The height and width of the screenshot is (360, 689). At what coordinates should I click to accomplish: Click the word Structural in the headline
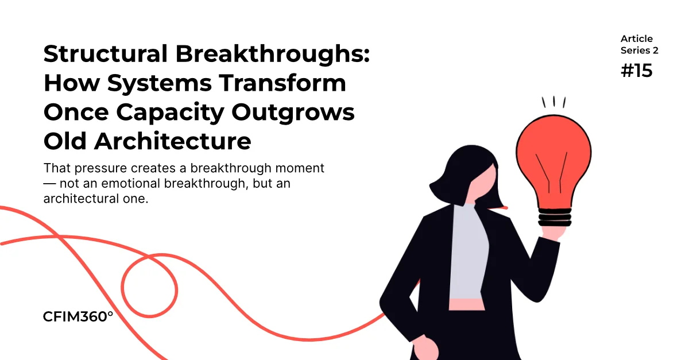tap(106, 53)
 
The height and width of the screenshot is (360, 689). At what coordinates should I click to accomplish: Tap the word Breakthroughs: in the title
tap(273, 55)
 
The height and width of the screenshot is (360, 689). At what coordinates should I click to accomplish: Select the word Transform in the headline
tap(282, 83)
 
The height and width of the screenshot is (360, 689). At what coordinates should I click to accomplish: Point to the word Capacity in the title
tap(170, 113)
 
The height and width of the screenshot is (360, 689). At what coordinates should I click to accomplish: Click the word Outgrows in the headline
tap(293, 113)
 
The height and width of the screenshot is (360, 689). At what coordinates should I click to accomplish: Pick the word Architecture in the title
tap(173, 141)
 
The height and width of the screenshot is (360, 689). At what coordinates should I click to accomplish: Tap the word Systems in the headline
tap(160, 84)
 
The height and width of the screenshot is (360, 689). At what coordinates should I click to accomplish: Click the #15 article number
tap(636, 71)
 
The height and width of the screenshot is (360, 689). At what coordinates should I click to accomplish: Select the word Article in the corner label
tap(636, 39)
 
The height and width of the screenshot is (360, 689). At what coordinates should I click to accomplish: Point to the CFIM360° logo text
tap(78, 316)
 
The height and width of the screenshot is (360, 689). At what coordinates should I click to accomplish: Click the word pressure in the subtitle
tap(100, 169)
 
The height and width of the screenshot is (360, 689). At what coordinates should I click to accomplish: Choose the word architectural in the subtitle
tap(81, 199)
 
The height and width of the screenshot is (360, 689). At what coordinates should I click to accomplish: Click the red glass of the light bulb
tap(553, 160)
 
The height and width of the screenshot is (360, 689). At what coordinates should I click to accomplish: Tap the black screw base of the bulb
tap(555, 217)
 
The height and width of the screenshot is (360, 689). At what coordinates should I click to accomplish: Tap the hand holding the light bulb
tap(553, 233)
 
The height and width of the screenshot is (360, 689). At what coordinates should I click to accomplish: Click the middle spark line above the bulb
tap(554, 101)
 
